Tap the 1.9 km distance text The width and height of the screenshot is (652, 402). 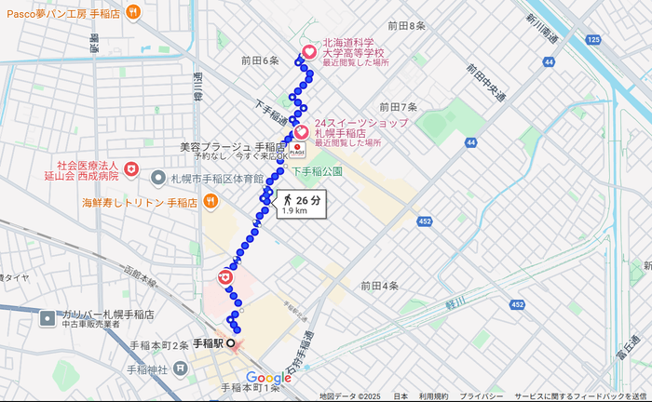tap(294, 211)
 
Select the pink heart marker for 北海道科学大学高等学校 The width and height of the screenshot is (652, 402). tap(309, 52)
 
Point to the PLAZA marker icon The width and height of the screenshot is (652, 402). tap(298, 151)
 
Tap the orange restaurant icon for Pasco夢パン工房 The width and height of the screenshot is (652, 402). tap(134, 11)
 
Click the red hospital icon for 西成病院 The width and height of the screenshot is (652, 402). tap(132, 168)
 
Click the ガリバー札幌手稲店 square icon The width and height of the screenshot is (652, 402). tap(48, 318)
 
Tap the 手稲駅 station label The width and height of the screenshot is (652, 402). tap(208, 343)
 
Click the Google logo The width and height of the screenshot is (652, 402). tap(269, 378)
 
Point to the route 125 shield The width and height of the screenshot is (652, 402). tap(593, 39)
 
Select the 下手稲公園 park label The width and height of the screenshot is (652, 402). tap(318, 171)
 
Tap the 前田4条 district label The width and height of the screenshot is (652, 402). tap(380, 286)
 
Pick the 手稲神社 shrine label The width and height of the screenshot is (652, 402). tap(148, 370)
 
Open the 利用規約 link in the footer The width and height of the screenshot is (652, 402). tap(433, 396)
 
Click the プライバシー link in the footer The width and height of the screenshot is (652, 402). tap(482, 396)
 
